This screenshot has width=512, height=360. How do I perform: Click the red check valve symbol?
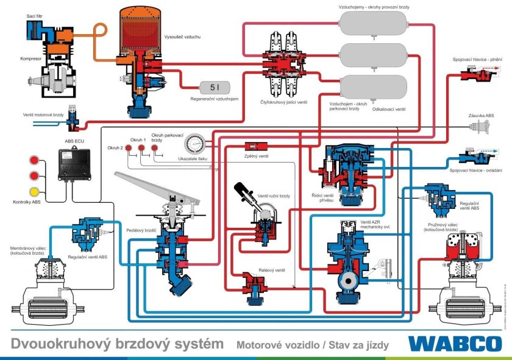[x=253, y=146]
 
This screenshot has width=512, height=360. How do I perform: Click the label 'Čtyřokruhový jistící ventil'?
[x=283, y=102]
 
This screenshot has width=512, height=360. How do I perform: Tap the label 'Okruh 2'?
[x=115, y=148]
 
